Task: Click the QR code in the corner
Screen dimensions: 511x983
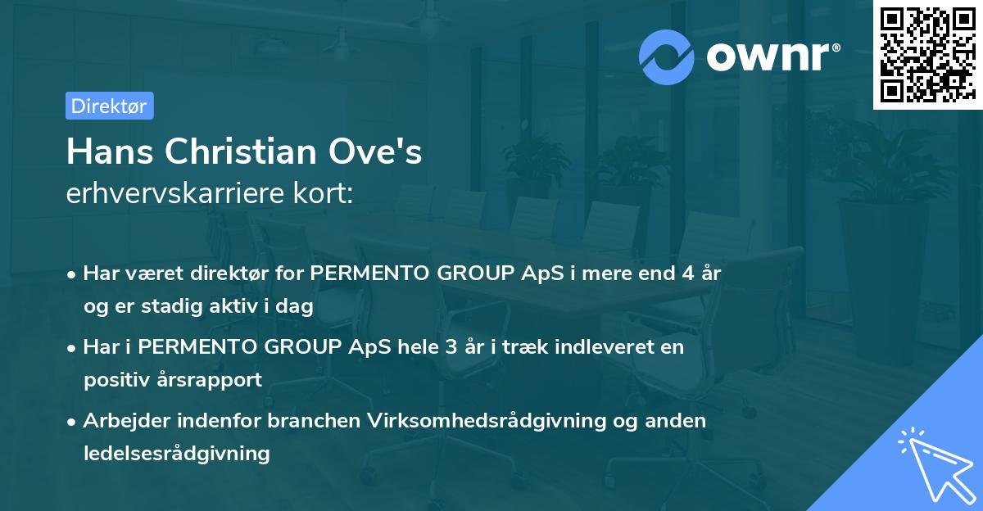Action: click(x=926, y=55)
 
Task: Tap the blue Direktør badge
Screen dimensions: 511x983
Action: click(x=109, y=106)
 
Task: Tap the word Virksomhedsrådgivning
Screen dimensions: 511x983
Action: click(x=487, y=421)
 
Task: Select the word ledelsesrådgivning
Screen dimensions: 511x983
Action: click(x=176, y=453)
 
